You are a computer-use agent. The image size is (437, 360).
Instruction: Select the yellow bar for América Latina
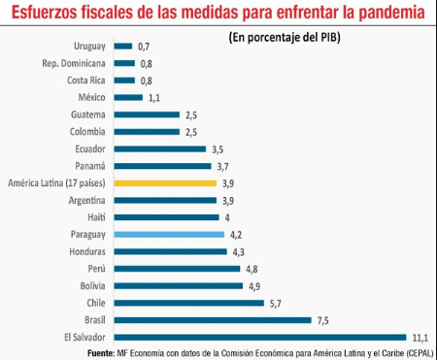(x=164, y=182)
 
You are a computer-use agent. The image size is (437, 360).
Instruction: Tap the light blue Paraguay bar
(x=168, y=234)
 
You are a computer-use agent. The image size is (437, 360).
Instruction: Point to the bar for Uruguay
(x=123, y=46)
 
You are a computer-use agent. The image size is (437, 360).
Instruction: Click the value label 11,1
(x=420, y=337)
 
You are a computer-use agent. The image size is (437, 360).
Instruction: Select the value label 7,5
(x=323, y=319)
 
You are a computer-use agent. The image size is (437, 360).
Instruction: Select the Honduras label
(x=85, y=251)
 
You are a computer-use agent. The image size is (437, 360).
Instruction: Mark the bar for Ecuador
(x=159, y=148)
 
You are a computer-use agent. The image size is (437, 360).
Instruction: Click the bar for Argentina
(x=164, y=200)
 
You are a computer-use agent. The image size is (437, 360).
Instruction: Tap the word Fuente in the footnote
(x=103, y=351)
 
